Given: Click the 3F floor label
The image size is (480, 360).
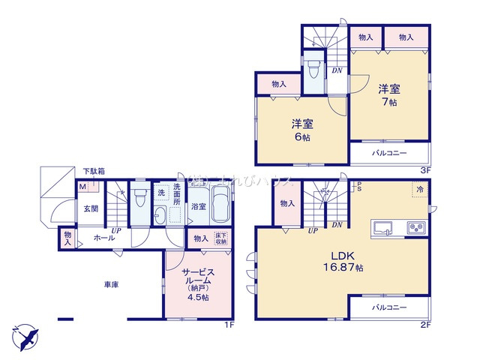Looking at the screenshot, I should tap(424, 169).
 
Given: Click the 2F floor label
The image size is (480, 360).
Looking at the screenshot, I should tap(424, 325).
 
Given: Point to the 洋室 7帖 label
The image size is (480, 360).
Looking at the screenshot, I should tap(388, 94).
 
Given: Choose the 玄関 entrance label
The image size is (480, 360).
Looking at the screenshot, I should tap(91, 208).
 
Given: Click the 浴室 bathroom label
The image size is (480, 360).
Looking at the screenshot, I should tap(198, 206).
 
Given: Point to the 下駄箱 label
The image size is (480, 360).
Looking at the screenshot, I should tap(94, 172).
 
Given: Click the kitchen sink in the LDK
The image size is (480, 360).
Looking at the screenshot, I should tap(382, 226).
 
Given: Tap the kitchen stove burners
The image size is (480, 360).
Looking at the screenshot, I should tap(415, 226).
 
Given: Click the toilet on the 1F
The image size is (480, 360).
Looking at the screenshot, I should tap(139, 200).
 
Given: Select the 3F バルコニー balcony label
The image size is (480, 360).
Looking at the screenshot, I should tap(388, 153).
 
